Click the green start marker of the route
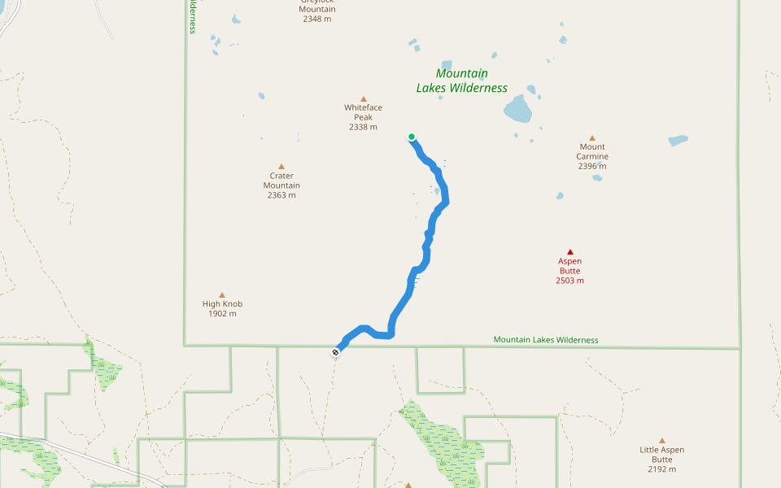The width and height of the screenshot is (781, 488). click(412, 137)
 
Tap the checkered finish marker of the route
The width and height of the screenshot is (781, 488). click(335, 352)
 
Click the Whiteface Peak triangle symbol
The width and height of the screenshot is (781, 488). click(364, 99)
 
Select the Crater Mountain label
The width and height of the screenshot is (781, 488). click(281, 181)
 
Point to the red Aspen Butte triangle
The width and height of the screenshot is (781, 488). click(570, 252)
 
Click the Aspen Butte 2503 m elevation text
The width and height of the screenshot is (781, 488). click(570, 281)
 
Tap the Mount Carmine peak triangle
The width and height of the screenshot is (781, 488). click(592, 138)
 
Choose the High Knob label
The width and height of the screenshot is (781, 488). click(222, 304)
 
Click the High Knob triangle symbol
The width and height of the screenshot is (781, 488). click(222, 294)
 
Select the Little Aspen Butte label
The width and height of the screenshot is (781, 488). click(661, 455)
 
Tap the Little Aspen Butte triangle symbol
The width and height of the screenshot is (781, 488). click(662, 440)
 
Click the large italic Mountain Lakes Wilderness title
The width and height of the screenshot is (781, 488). click(462, 81)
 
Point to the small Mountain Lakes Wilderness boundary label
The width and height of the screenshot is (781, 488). click(546, 340)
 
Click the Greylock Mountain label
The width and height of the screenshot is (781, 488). click(316, 5)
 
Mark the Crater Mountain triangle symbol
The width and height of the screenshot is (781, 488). click(281, 166)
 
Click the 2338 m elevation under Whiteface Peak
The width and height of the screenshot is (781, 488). click(363, 127)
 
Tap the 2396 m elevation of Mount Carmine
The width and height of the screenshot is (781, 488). click(592, 166)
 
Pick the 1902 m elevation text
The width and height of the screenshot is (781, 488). click(222, 313)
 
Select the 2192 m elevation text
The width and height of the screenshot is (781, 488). click(662, 469)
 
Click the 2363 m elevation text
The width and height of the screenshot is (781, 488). click(281, 195)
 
